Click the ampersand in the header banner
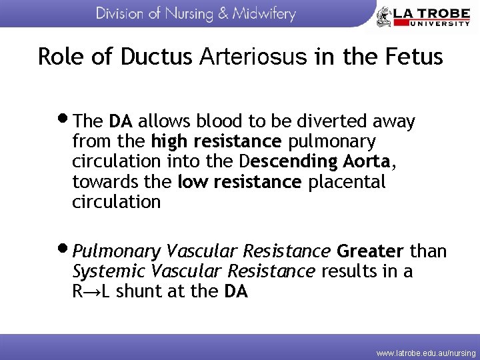tap(223, 14)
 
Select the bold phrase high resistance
tap(217, 141)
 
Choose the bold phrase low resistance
tap(240, 181)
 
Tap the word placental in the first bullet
tap(347, 181)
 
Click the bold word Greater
tap(370, 251)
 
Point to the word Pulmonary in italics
tap(117, 252)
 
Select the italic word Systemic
tap(109, 271)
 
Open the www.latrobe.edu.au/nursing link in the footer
tap(426, 353)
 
